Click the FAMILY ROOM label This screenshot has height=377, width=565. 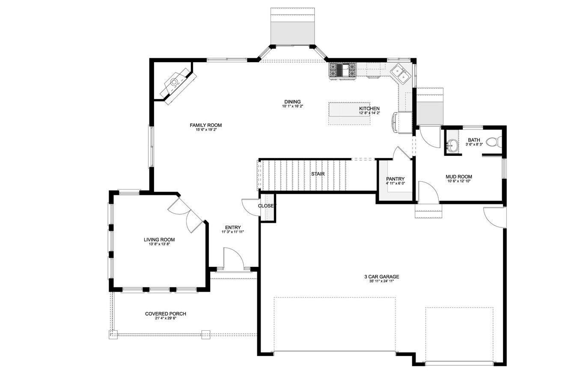click(205, 125)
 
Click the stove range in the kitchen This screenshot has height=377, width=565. click(342, 70)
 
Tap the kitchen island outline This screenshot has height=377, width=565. click(349, 114)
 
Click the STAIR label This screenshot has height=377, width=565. click(318, 174)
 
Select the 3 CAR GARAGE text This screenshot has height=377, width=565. click(381, 277)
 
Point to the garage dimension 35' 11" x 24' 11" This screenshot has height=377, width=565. click(381, 281)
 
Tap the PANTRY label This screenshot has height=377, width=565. click(395, 179)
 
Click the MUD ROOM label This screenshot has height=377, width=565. click(458, 177)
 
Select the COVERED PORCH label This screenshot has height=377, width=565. click(165, 314)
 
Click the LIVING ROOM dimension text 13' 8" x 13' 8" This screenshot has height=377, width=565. click(159, 244)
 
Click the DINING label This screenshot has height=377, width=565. click(292, 102)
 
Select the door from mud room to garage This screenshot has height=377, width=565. click(428, 193)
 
